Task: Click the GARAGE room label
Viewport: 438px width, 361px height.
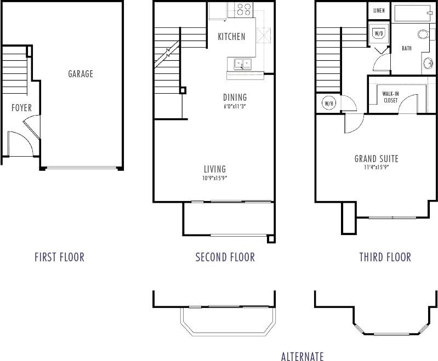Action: [x=81, y=74]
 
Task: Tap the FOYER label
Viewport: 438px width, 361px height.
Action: [x=21, y=108]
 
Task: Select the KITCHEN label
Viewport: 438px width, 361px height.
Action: [x=231, y=37]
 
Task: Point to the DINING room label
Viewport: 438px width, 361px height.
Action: [x=235, y=98]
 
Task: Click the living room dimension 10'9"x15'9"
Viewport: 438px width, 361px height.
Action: [x=214, y=178]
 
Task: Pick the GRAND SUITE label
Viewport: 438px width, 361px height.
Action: [x=376, y=159]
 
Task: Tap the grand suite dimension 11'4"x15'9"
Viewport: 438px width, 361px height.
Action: [x=376, y=168]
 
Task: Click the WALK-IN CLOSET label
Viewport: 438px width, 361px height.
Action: [x=390, y=97]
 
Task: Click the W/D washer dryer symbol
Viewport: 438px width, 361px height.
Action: [x=378, y=34]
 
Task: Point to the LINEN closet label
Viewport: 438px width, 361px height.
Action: [x=379, y=10]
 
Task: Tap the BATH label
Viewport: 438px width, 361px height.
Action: [x=407, y=48]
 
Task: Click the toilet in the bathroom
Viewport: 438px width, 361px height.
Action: [x=423, y=35]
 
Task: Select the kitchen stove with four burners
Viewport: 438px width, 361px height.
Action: [x=243, y=9]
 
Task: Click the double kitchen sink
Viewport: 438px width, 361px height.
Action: [x=242, y=64]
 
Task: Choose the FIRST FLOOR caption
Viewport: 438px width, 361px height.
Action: [x=59, y=257]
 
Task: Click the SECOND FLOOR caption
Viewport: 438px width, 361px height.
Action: [x=225, y=257]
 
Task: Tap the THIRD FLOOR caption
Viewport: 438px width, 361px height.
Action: [x=385, y=257]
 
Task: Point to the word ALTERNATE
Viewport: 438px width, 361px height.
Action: [x=302, y=357]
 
